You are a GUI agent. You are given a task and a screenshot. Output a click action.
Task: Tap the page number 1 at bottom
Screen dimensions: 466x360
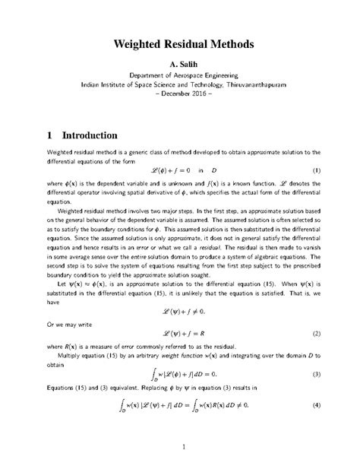(x=180, y=445)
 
